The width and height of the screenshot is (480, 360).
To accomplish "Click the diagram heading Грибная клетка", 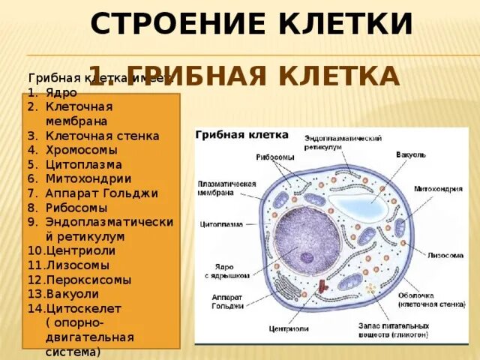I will (242, 135).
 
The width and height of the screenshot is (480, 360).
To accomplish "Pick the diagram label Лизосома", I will (445, 255).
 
